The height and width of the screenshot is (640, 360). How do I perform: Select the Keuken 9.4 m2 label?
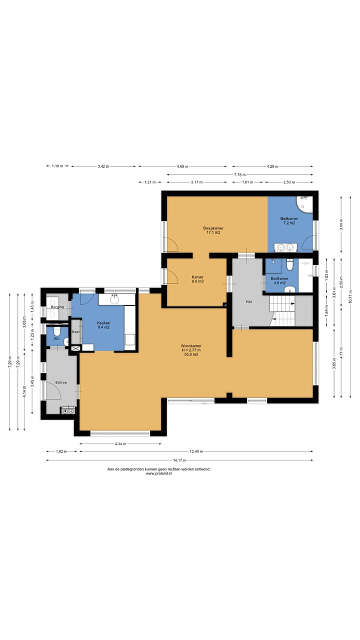103,325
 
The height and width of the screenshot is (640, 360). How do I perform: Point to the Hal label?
249,301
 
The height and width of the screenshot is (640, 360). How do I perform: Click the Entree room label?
61,382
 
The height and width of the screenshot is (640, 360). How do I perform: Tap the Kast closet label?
75,331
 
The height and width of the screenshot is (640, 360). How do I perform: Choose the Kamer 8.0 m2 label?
197,279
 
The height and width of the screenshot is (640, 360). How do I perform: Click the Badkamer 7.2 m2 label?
289,221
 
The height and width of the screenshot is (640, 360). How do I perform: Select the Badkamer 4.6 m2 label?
279,280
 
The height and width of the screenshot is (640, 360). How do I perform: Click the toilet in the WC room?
57,331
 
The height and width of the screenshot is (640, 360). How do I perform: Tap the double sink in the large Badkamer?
285,247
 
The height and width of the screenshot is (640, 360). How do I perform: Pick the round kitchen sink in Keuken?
114,299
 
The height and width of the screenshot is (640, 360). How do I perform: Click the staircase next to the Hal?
282,311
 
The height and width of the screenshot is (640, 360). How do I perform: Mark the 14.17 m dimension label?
179,460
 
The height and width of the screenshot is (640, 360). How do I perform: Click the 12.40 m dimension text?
196,451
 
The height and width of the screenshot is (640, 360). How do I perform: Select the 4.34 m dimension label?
120,443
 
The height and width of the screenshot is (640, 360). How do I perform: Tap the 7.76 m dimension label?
240,174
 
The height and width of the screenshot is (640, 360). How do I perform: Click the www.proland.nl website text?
159,473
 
